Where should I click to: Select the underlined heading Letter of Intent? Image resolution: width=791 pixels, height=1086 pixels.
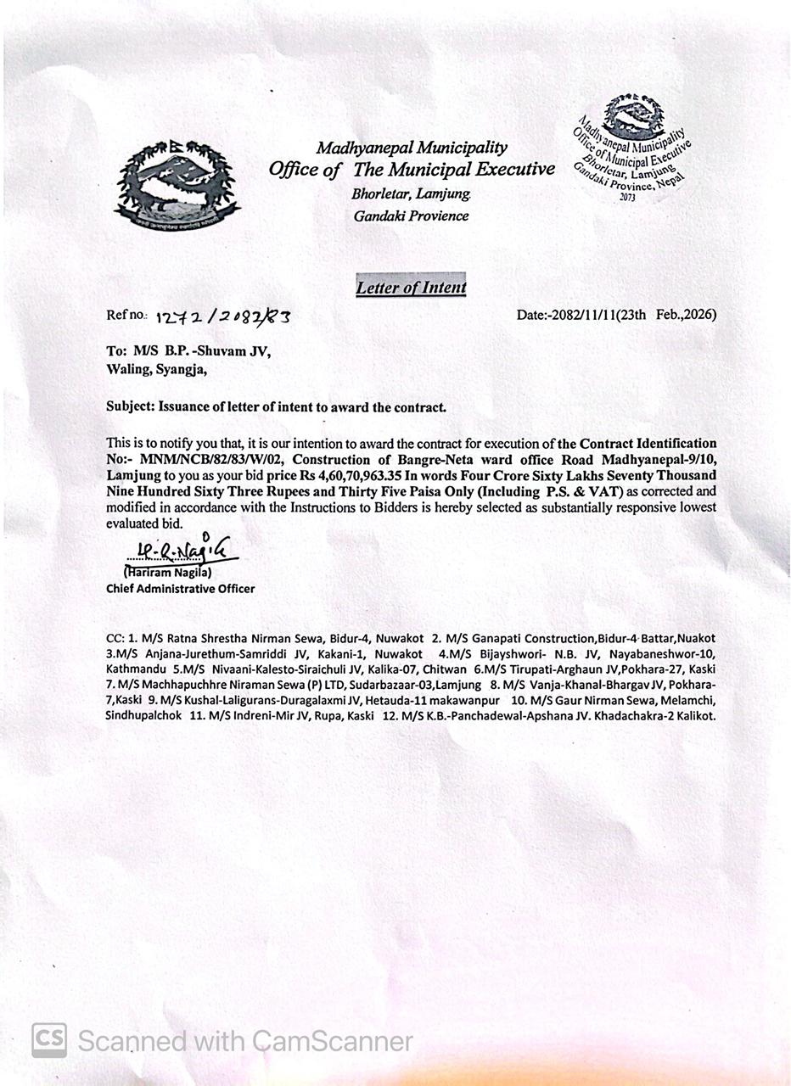pos(411,288)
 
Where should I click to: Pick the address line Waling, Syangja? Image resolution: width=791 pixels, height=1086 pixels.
pos(155,369)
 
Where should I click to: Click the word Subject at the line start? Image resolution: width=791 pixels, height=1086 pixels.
pos(129,406)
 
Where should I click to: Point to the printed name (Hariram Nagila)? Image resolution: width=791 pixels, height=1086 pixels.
pos(167,572)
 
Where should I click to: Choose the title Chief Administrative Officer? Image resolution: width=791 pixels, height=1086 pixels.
pos(180,588)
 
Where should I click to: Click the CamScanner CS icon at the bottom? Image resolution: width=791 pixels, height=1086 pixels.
pos(49,1040)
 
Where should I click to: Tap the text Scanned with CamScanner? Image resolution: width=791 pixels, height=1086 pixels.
pos(245,1041)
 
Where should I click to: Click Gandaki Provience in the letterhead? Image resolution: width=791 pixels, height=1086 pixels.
pos(411,216)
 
